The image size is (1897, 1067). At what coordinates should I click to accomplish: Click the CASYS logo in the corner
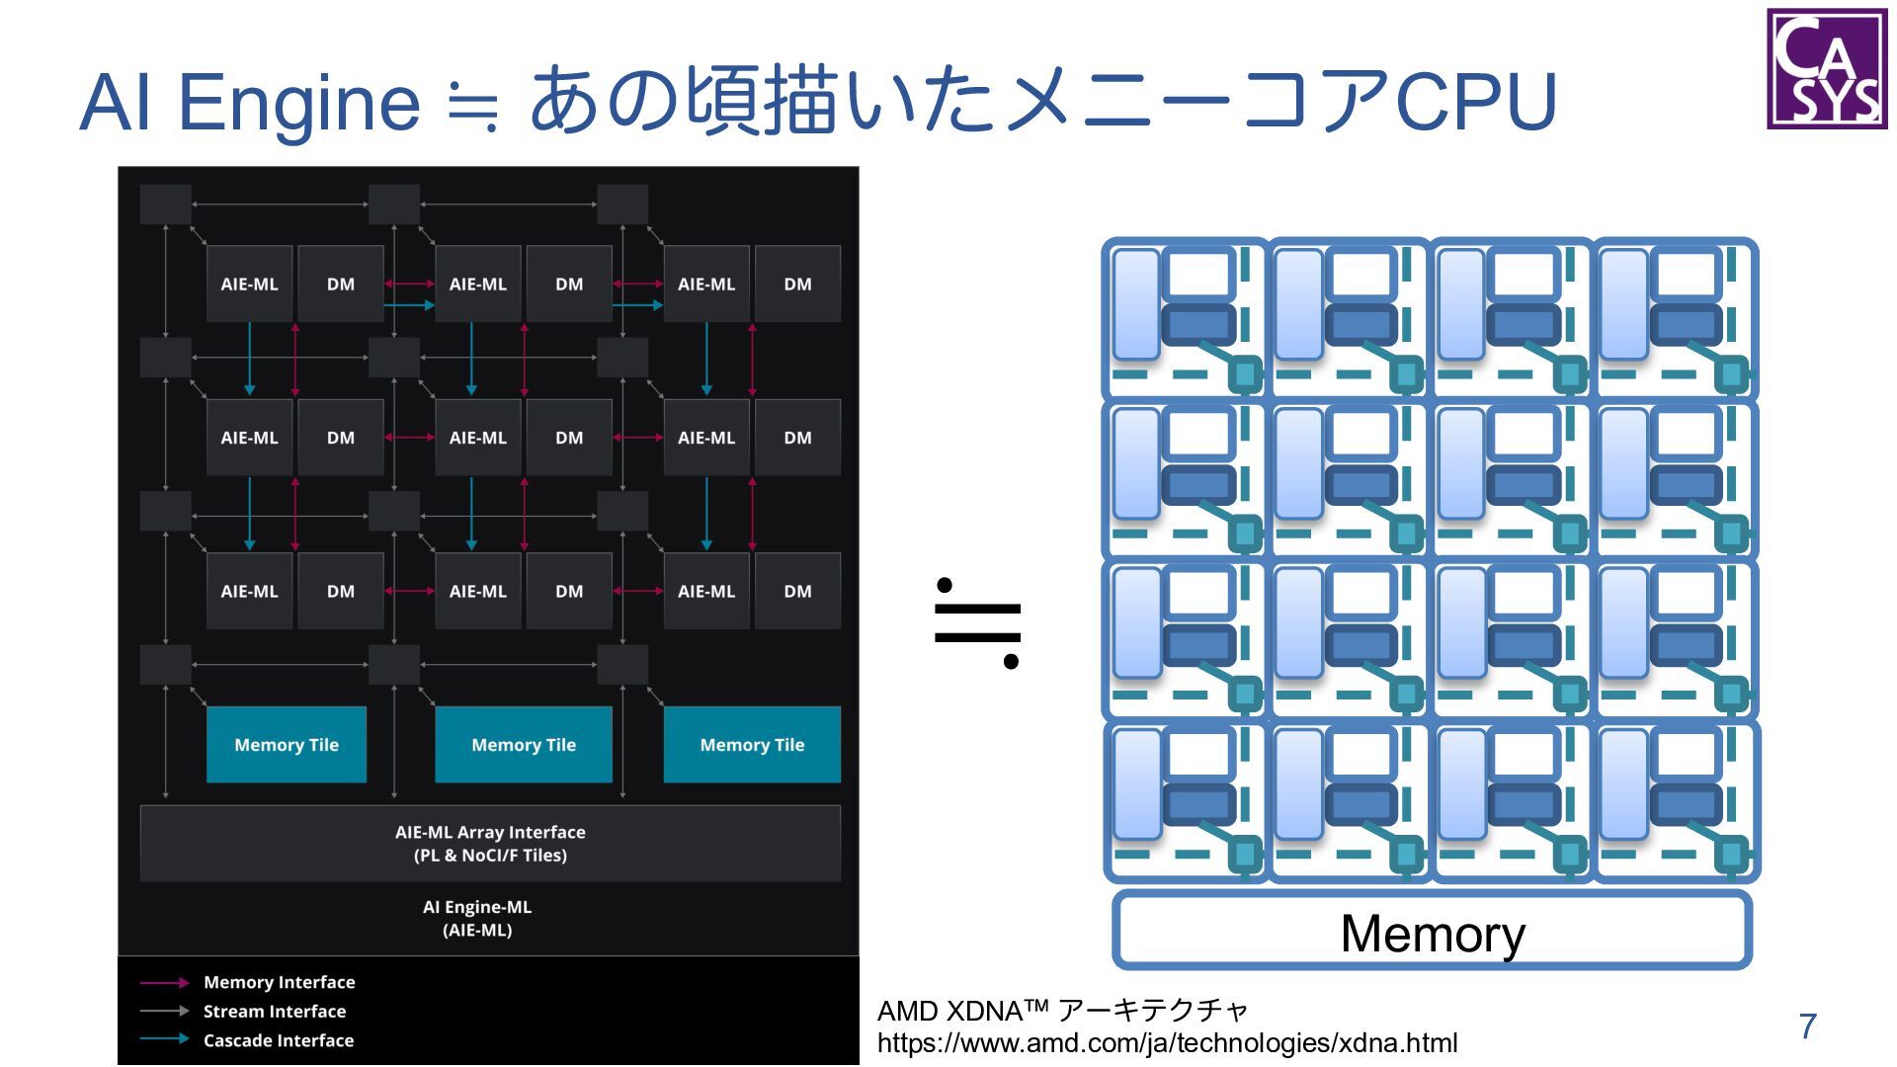(x=1826, y=69)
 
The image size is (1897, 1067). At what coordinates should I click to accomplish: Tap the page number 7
(x=1807, y=1026)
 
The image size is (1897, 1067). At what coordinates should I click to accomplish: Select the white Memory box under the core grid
(x=1432, y=931)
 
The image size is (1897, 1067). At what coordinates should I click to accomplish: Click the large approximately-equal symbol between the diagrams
(x=976, y=623)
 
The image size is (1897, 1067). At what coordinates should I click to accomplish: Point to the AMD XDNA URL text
(x=1167, y=1043)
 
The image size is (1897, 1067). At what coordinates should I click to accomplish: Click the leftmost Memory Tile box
(x=287, y=745)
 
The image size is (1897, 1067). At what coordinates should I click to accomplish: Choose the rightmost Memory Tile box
(x=752, y=745)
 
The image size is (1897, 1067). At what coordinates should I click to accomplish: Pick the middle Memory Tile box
(x=524, y=745)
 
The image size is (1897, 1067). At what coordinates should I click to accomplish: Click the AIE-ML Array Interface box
(x=490, y=844)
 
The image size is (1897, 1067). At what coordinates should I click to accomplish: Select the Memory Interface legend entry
(x=279, y=982)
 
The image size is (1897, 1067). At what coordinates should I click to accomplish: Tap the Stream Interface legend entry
(x=274, y=1012)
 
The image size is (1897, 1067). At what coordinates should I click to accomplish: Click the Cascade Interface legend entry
(x=278, y=1040)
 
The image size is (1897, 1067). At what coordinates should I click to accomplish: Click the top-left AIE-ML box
(x=249, y=285)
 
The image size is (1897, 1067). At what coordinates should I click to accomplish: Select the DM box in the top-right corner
(x=797, y=285)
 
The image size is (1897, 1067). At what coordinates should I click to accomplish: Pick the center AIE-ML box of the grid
(x=478, y=438)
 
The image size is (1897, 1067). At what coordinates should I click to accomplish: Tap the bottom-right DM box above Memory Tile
(x=797, y=592)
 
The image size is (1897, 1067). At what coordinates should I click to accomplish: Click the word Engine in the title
(x=299, y=103)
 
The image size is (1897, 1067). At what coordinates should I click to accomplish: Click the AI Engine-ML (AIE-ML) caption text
(x=477, y=918)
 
